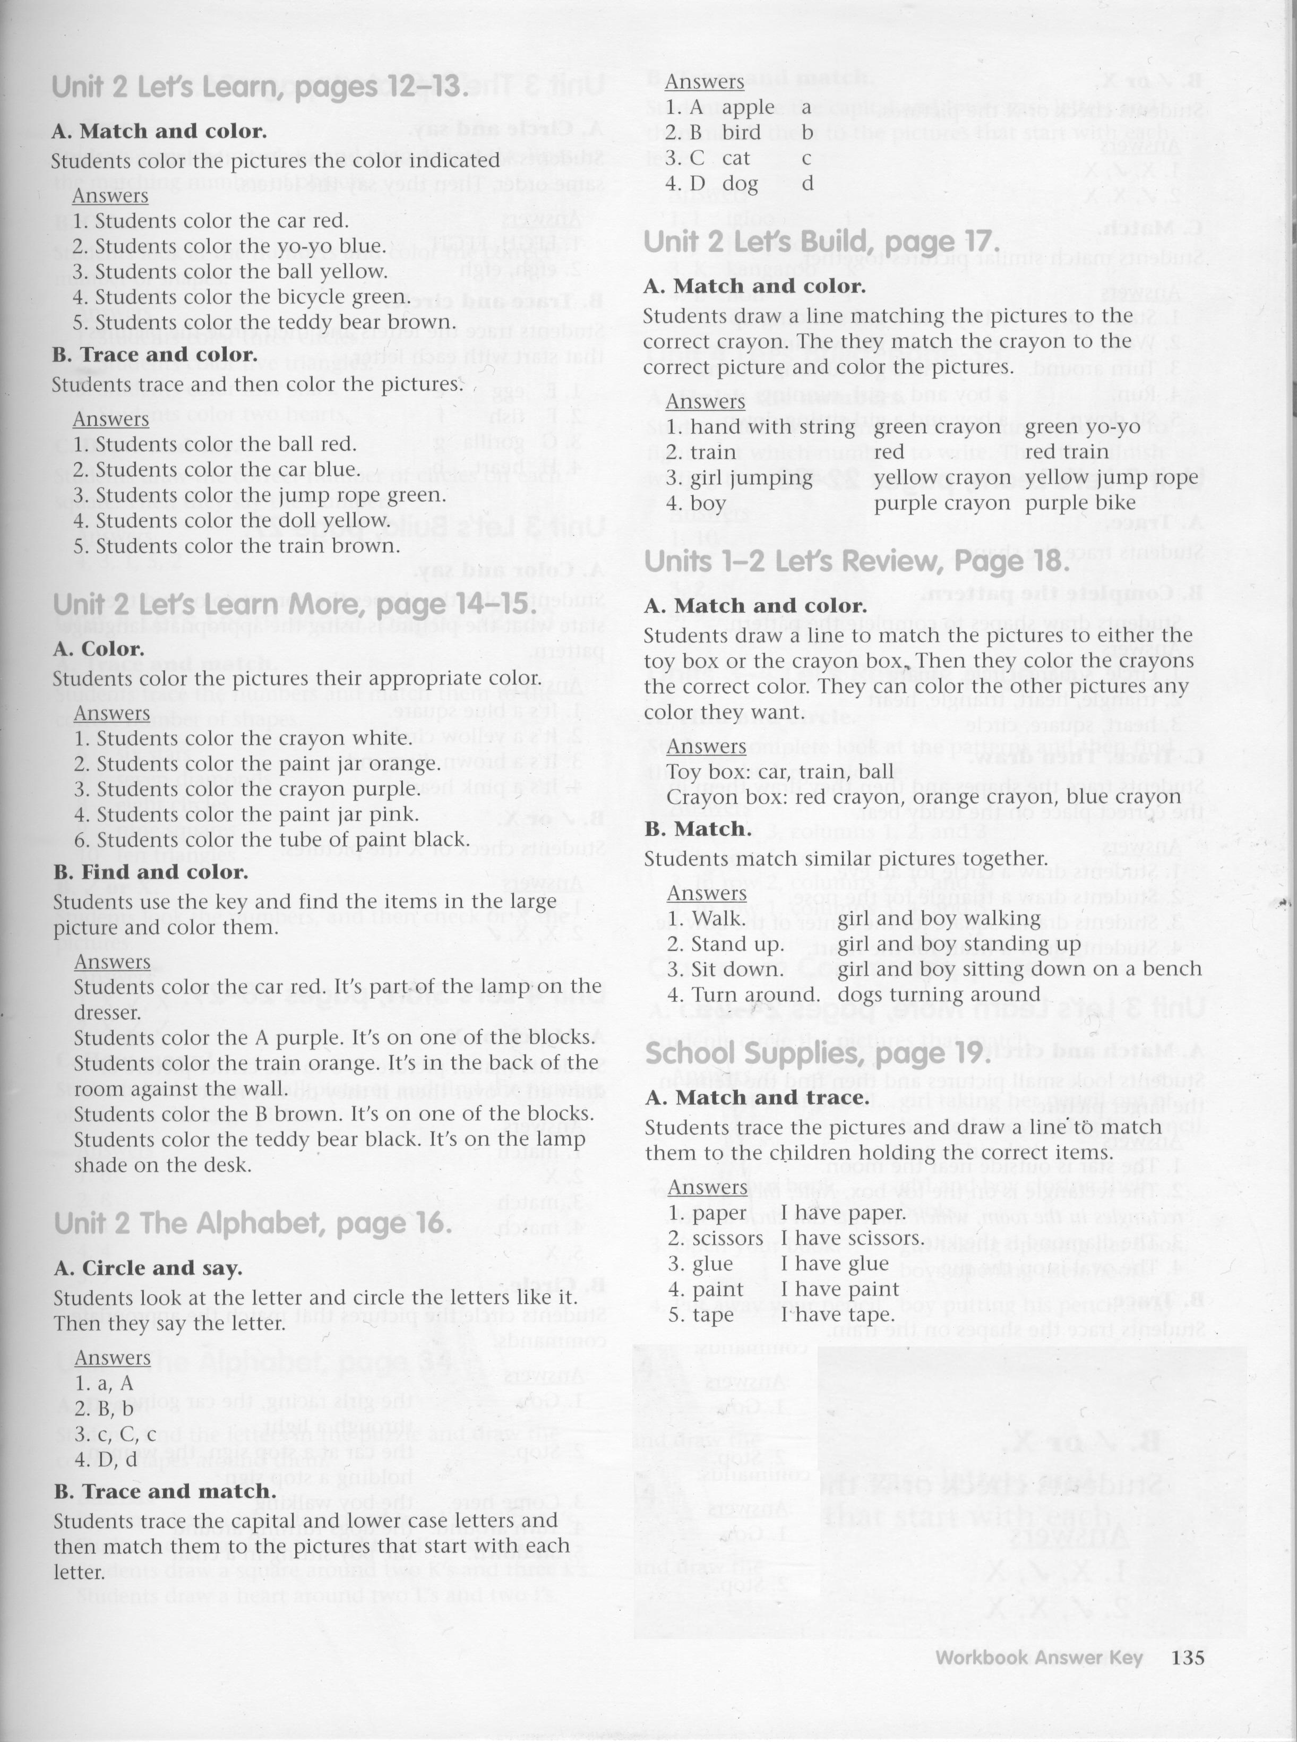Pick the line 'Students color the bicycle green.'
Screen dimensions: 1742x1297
(x=240, y=297)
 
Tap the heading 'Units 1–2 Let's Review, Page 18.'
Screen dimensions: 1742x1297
(x=856, y=561)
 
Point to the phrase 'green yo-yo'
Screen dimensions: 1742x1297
(x=1082, y=427)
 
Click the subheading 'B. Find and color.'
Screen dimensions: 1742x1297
(x=150, y=872)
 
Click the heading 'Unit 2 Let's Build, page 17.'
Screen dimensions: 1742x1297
(x=821, y=242)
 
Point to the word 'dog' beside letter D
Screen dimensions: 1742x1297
(x=741, y=184)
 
